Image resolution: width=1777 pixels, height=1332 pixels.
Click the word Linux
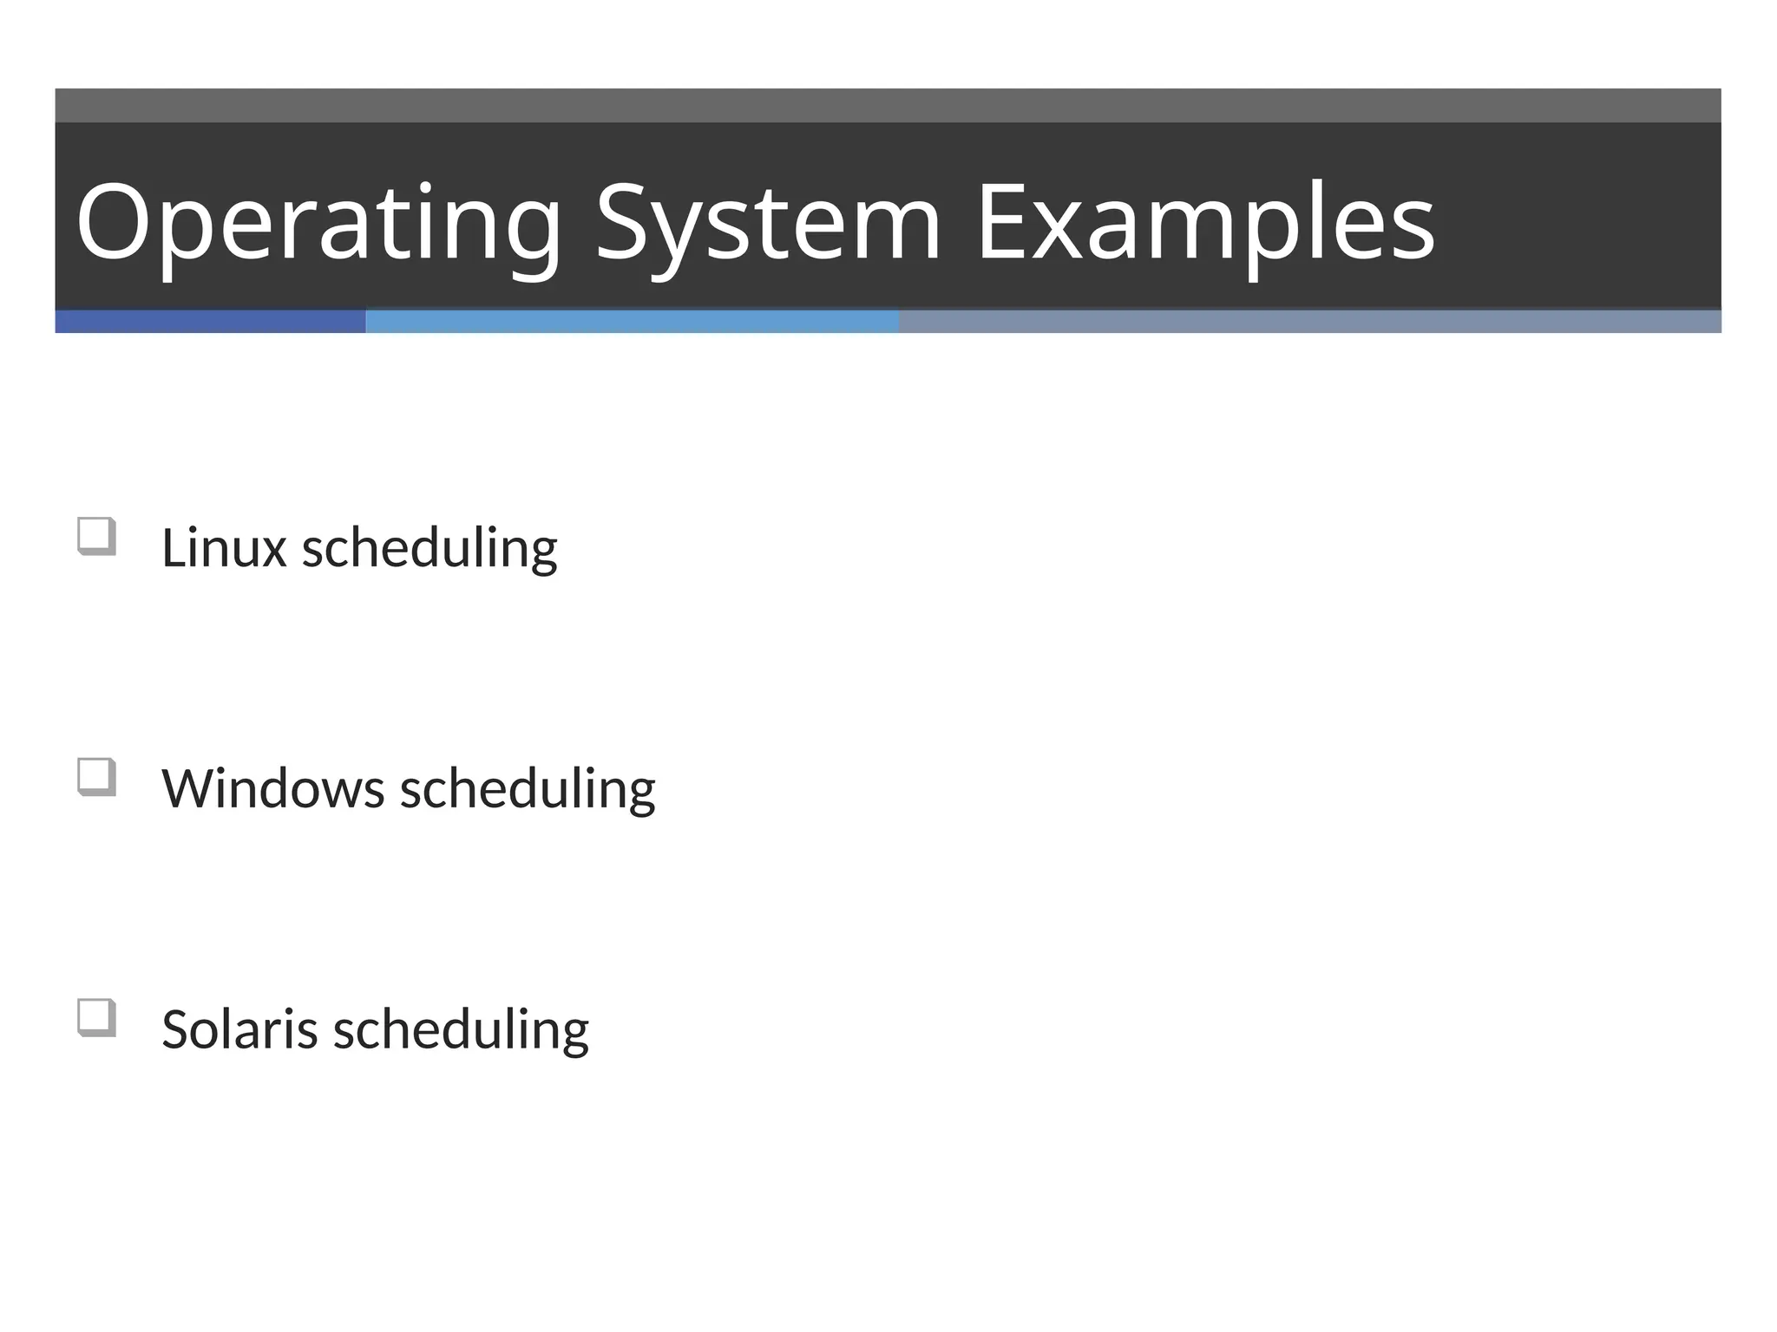pos(224,548)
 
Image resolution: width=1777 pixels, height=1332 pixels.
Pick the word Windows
pos(273,789)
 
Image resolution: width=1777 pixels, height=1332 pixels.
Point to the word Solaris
pos(239,1029)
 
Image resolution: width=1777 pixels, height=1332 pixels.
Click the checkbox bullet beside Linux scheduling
pos(96,536)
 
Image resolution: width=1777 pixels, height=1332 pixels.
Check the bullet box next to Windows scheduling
pos(96,777)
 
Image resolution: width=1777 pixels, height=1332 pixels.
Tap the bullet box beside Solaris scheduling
pos(96,1017)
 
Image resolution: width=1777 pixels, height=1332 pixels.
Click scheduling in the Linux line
pos(429,550)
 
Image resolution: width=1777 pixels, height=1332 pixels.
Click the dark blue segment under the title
pos(210,322)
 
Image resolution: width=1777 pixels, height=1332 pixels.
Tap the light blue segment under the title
pos(632,322)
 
